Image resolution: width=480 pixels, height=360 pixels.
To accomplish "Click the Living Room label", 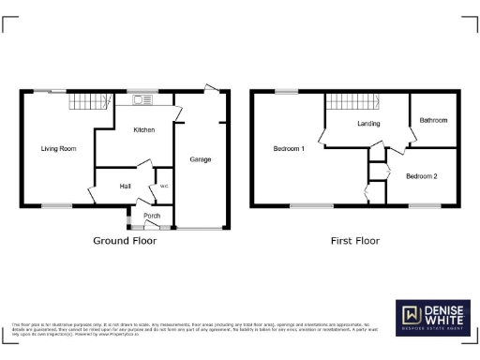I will pyautogui.click(x=58, y=148).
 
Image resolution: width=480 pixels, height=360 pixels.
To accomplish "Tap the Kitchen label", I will pyautogui.click(x=143, y=129).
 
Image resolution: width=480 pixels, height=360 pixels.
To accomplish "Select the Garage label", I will pyautogui.click(x=200, y=159).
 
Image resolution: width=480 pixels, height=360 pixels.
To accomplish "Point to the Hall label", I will pyautogui.click(x=125, y=187).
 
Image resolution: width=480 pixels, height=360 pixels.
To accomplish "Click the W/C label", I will pyautogui.click(x=163, y=187).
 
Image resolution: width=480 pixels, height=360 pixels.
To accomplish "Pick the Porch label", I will pyautogui.click(x=151, y=217).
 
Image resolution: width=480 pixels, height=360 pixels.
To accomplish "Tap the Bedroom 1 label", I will pyautogui.click(x=289, y=148).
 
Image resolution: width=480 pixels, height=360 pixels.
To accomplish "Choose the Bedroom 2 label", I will pyautogui.click(x=422, y=175).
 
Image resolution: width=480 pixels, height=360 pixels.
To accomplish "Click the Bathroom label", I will pyautogui.click(x=433, y=120).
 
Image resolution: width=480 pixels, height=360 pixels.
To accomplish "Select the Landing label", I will pyautogui.click(x=367, y=124).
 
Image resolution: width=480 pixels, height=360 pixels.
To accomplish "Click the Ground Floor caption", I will pyautogui.click(x=125, y=241).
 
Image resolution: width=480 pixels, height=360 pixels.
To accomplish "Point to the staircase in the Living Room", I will pyautogui.click(x=85, y=101).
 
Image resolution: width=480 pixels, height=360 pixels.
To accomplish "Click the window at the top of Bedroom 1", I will pyautogui.click(x=285, y=91).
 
